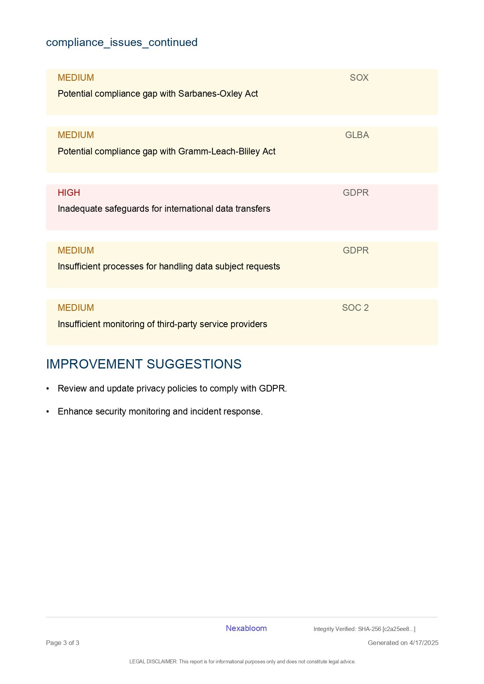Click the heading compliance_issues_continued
pyautogui.click(x=122, y=42)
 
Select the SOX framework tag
pyautogui.click(x=359, y=78)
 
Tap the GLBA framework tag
pyautogui.click(x=357, y=135)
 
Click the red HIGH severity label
pyautogui.click(x=69, y=193)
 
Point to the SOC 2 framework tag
pyautogui.click(x=355, y=308)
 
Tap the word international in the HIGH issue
pyautogui.click(x=188, y=209)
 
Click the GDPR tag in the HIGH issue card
pyautogui.click(x=356, y=193)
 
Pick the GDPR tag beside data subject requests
pyautogui.click(x=356, y=250)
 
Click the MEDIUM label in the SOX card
pyautogui.click(x=76, y=78)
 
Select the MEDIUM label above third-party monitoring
pyautogui.click(x=76, y=308)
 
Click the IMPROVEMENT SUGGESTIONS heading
pyautogui.click(x=144, y=364)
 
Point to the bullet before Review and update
pyautogui.click(x=48, y=388)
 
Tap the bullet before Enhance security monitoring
pyautogui.click(x=48, y=411)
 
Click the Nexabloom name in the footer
pyautogui.click(x=246, y=628)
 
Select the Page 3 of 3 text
pyautogui.click(x=62, y=643)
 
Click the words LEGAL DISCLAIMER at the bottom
pyautogui.click(x=153, y=661)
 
